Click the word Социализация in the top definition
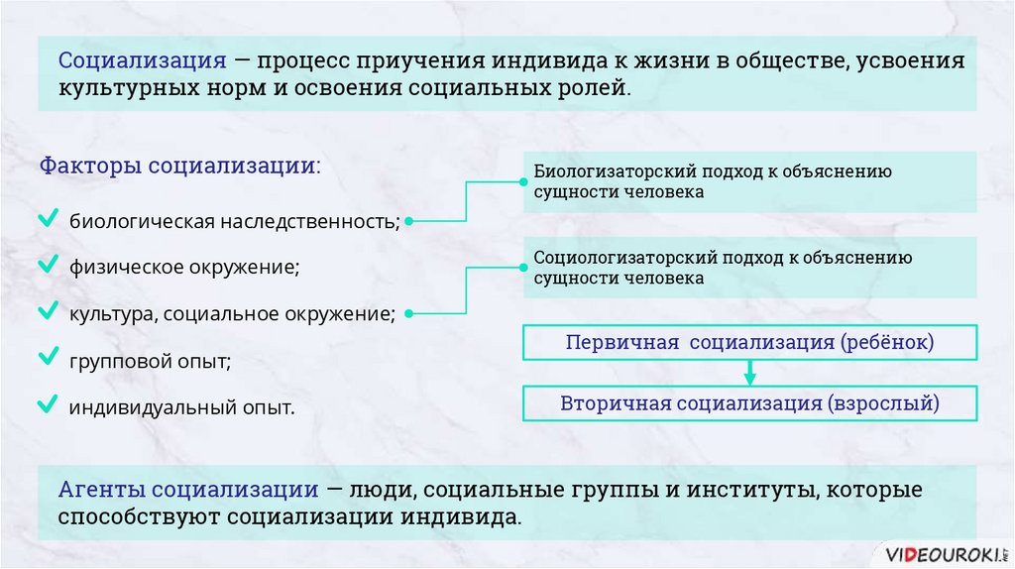pyautogui.click(x=143, y=59)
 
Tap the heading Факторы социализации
pyautogui.click(x=180, y=165)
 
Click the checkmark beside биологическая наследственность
pyautogui.click(x=47, y=217)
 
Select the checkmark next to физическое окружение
pyautogui.click(x=47, y=265)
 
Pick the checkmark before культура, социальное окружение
pyautogui.click(x=47, y=312)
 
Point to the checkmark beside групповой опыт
pyautogui.click(x=47, y=358)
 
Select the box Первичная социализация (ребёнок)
pyautogui.click(x=750, y=343)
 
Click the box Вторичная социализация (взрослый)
pyautogui.click(x=750, y=403)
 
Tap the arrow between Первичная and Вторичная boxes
pyautogui.click(x=750, y=374)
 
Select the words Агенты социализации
pyautogui.click(x=187, y=490)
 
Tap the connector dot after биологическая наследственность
pyautogui.click(x=409, y=221)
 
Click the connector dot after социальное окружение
pyautogui.click(x=409, y=315)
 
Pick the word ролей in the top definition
pyautogui.click(x=595, y=87)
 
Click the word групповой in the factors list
pyautogui.click(x=109, y=362)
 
